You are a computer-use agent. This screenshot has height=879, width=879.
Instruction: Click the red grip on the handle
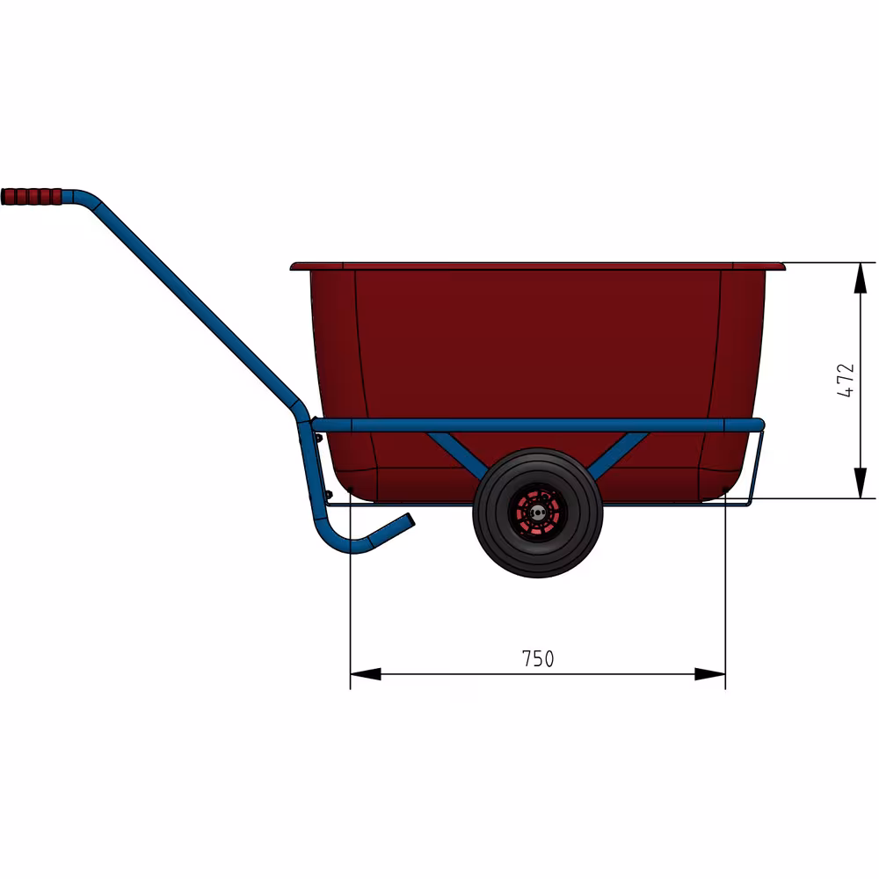32,196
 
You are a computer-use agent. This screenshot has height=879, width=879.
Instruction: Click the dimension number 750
538,658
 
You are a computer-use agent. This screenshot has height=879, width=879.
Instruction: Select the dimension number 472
845,380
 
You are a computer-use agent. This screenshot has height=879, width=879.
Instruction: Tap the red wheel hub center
537,512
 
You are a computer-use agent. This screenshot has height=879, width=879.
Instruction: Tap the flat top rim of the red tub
536,265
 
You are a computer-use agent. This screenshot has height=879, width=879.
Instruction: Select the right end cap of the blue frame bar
759,425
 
